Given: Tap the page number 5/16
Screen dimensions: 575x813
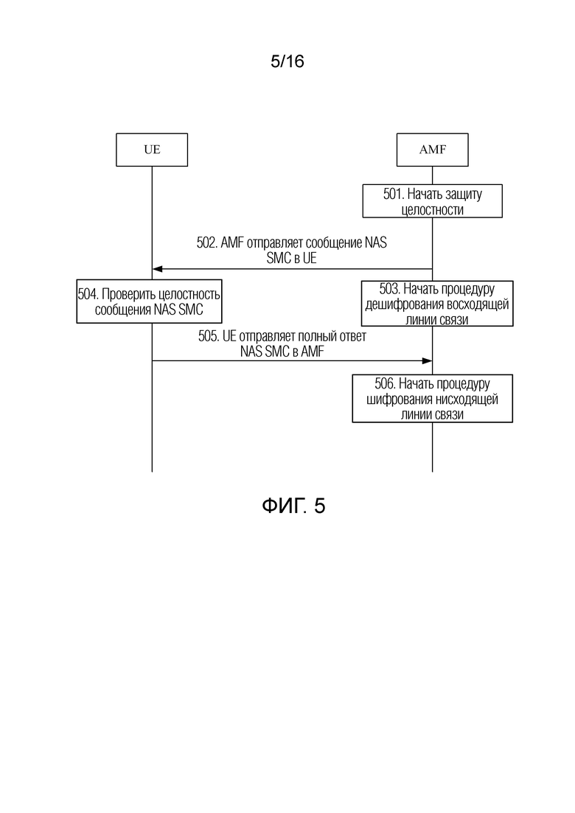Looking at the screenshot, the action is (287, 62).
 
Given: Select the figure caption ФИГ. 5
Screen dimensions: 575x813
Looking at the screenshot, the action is (293, 506).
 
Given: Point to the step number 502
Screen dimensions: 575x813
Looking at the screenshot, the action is (207, 242).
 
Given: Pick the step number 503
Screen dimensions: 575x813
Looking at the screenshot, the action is (389, 289).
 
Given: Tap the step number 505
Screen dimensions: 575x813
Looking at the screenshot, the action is (209, 337).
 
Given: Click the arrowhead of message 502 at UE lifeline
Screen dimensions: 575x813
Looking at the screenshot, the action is (157, 269).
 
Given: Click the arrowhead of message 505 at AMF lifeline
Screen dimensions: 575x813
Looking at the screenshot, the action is (428, 361).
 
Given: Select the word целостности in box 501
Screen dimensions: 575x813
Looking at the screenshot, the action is (433, 210).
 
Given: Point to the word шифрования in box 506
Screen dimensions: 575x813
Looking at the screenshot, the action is (400, 399).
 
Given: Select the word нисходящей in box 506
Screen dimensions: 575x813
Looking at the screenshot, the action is (467, 399).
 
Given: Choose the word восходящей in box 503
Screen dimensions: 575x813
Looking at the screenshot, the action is (478, 304).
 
